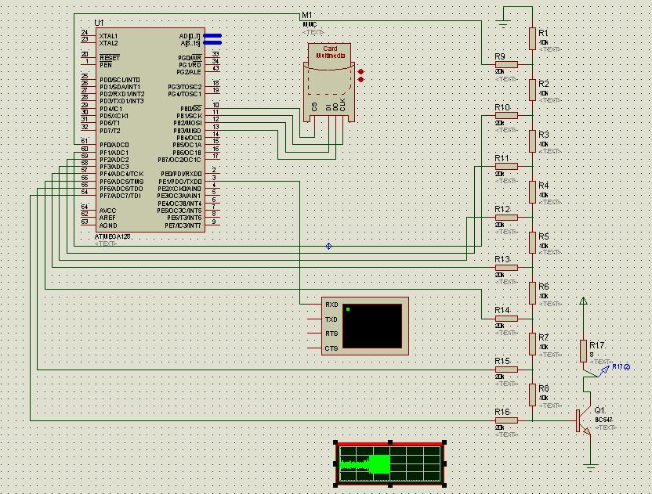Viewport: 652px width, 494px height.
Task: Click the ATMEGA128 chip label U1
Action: click(98, 23)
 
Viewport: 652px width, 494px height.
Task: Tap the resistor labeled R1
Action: click(532, 38)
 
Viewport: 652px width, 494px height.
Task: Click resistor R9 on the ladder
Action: click(506, 64)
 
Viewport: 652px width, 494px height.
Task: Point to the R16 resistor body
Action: click(506, 420)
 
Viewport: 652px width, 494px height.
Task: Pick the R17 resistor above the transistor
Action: click(583, 351)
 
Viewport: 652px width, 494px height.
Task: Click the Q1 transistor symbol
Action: click(581, 420)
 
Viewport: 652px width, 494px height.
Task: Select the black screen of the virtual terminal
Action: click(372, 326)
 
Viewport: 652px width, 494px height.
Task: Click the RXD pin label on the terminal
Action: click(331, 305)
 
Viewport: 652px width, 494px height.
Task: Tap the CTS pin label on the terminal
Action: click(331, 348)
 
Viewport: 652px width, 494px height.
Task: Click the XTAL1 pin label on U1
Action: click(109, 36)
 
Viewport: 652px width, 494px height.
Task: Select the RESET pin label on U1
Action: click(110, 58)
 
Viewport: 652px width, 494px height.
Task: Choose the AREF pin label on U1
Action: click(107, 218)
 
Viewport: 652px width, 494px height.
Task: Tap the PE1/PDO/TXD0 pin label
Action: click(181, 181)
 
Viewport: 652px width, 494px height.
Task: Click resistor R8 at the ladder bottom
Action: click(532, 395)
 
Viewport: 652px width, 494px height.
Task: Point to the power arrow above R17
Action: click(583, 301)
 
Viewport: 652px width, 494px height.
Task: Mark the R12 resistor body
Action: click(506, 217)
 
